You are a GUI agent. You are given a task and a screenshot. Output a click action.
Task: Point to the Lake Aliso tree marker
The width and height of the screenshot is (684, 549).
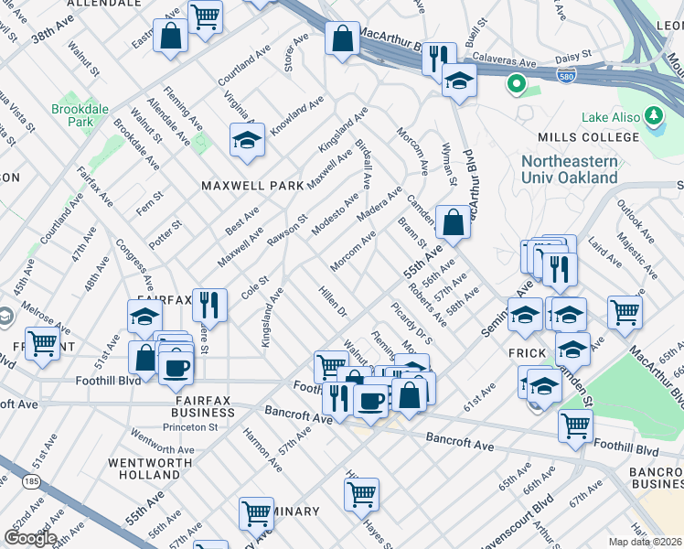point(654,116)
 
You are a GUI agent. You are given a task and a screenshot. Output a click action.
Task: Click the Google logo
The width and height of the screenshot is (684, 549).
point(30,537)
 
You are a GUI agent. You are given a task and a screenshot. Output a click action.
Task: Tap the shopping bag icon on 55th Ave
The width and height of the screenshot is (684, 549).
point(454,221)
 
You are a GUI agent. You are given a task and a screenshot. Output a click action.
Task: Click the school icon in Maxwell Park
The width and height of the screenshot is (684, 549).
point(246,141)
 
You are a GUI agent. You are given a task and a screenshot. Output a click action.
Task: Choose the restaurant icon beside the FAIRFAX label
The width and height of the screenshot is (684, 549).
point(212,306)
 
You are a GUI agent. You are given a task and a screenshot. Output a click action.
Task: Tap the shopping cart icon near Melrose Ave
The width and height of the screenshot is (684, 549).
point(41,344)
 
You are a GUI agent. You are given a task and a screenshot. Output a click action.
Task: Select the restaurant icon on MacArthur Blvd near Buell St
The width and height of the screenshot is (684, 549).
point(438,58)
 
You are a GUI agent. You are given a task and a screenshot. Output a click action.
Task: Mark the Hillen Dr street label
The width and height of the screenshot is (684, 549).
point(333,301)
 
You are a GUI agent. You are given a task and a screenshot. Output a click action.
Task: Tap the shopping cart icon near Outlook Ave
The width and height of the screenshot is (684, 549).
point(625,311)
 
